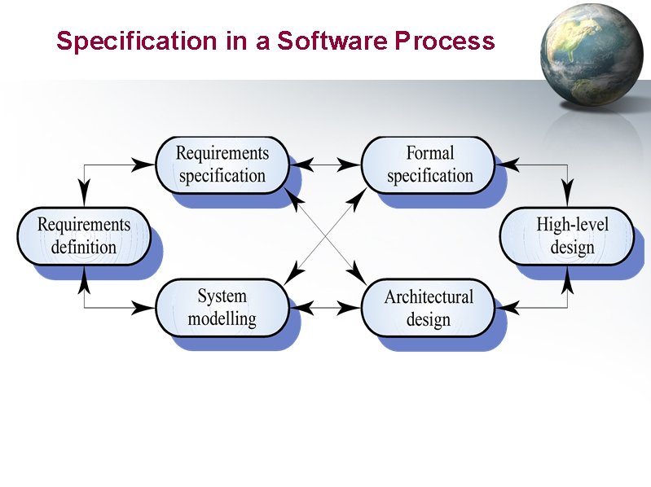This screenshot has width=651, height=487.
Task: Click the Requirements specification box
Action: tap(222, 165)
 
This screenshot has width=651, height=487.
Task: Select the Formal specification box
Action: tap(429, 165)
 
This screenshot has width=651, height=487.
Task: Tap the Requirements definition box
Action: tap(84, 236)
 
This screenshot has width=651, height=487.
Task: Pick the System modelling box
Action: tap(222, 307)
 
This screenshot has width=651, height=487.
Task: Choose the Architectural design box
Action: tap(429, 307)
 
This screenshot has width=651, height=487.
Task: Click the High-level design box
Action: tap(567, 236)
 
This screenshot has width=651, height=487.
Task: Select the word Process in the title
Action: tap(445, 41)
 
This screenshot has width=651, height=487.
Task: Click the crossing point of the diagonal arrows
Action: tap(326, 236)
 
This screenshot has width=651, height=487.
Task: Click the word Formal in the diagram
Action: tap(429, 153)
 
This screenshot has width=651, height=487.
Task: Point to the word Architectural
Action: tap(429, 296)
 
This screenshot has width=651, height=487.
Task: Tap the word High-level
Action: tap(572, 225)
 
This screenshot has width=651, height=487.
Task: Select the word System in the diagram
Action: tap(222, 296)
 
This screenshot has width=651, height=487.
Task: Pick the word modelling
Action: tap(222, 318)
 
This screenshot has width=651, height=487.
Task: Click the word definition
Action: tap(84, 248)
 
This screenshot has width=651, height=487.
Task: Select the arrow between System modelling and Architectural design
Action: tap(326, 308)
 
